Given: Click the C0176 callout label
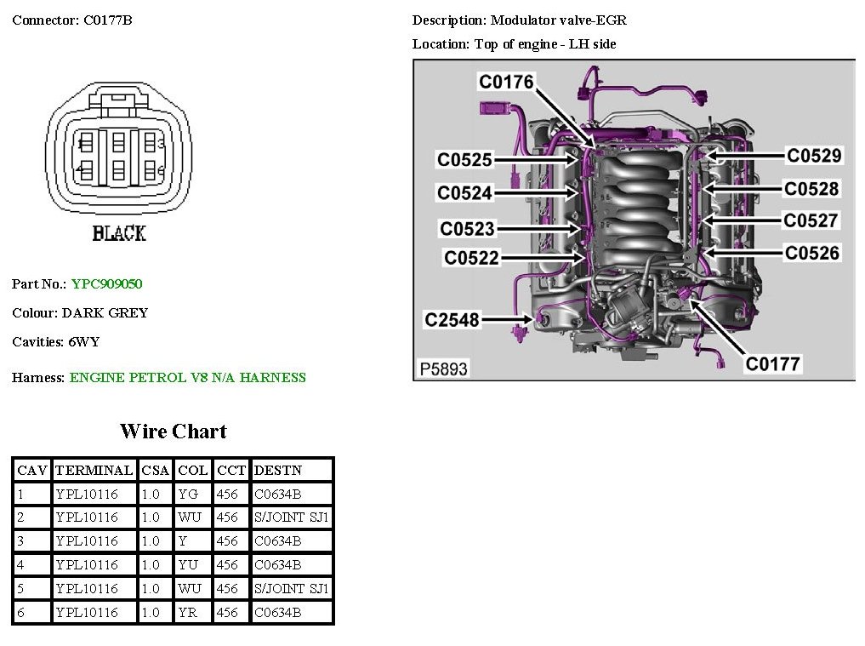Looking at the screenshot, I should coord(506,82).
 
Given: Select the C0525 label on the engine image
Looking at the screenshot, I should coord(464,159).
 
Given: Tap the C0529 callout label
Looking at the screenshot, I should coord(814,155).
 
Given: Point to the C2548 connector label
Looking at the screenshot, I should coord(452,320).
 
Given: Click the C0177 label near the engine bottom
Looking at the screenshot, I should coord(773,364).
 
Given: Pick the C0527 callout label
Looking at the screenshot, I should coord(811,220).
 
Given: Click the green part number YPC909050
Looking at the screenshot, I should coord(106,284).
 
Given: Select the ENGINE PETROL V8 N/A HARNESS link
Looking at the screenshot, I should coord(187,378).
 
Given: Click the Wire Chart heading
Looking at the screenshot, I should coord(173,432).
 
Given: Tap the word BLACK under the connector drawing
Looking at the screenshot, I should coord(119,233).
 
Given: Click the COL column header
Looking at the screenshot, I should coord(193,470).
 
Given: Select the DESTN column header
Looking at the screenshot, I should coord(278,470).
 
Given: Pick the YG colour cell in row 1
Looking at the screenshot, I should coord(188,494).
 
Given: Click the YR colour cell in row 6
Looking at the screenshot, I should coord(188,612).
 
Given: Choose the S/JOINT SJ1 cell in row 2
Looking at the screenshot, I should coord(291,517).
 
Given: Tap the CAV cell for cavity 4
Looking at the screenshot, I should coord(20,564).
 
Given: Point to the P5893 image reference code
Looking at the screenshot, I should coord(444,369).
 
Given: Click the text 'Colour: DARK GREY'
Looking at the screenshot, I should coord(80,313).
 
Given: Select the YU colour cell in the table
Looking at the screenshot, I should coord(188,564).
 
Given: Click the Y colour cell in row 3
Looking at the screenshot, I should coord(183,540).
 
